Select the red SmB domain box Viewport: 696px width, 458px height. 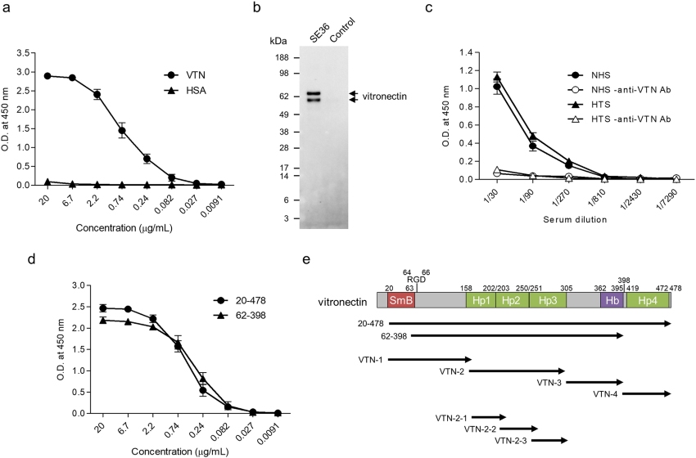(400, 301)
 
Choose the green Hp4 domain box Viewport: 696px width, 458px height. (647, 301)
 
